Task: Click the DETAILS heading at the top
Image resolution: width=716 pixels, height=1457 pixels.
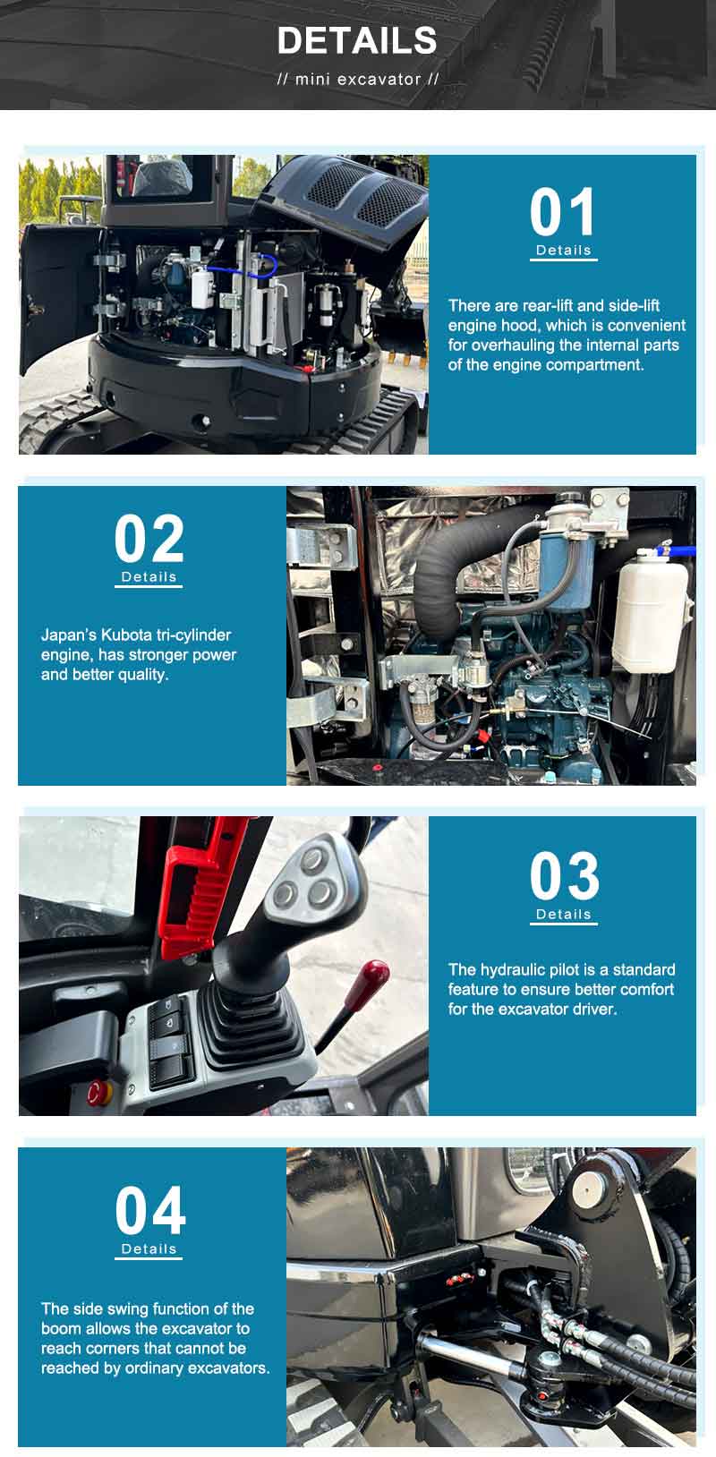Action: click(x=357, y=40)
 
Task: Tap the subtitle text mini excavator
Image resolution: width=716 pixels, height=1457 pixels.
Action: click(x=358, y=80)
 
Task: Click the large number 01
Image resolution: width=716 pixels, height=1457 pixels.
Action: click(x=563, y=212)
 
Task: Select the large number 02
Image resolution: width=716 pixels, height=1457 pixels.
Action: click(x=149, y=539)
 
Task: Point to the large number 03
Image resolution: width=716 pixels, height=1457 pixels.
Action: click(x=564, y=875)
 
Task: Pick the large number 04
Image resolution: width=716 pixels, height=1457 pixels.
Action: click(x=149, y=1211)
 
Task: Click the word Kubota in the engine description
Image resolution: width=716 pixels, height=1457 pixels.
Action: click(x=126, y=635)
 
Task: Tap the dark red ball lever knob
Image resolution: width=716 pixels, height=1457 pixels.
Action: click(x=375, y=976)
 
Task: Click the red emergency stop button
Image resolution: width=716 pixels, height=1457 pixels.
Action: click(x=98, y=1094)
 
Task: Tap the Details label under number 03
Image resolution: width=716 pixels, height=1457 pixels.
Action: click(x=564, y=914)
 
